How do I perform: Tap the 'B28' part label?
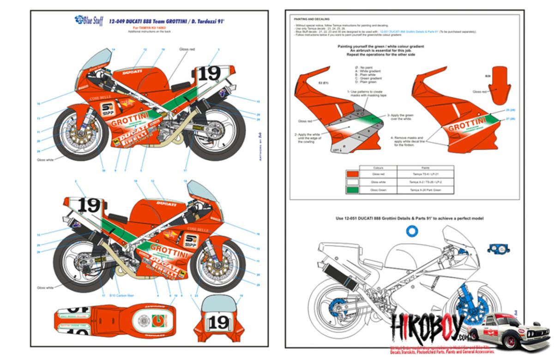[488, 75]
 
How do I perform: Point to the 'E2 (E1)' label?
[323, 83]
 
